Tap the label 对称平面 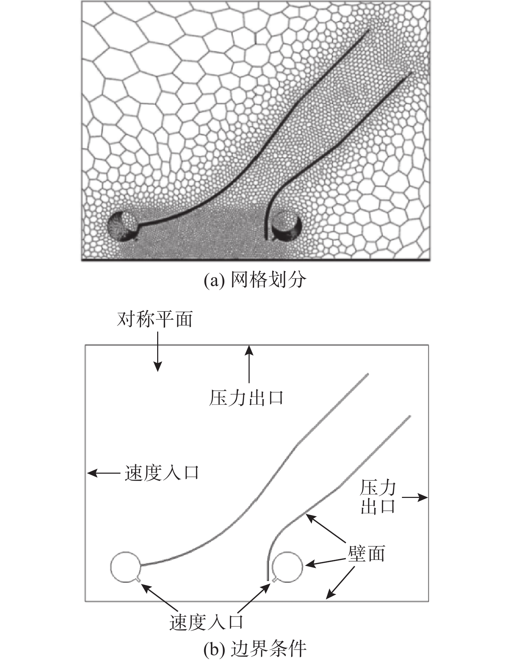tap(155, 319)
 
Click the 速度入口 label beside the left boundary tap(162, 473)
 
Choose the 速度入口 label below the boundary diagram tap(207, 622)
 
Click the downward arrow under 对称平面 tap(158, 352)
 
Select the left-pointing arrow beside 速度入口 tap(104, 473)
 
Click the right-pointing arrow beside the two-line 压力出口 tap(415, 497)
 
